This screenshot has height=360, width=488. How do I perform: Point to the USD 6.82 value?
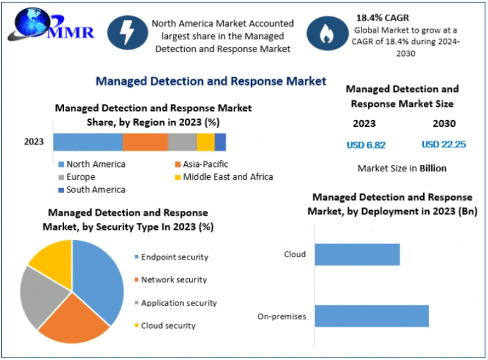(x=366, y=145)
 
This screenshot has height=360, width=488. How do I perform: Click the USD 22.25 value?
(x=444, y=145)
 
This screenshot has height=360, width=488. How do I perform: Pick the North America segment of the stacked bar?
(x=88, y=142)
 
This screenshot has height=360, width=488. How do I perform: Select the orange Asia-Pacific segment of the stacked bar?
(x=145, y=142)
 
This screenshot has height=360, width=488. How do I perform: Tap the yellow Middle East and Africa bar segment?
(x=205, y=142)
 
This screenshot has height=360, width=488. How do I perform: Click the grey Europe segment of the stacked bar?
(x=182, y=142)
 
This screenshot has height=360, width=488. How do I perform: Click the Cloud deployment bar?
(x=357, y=255)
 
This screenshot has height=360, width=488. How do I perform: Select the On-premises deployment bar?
(x=372, y=316)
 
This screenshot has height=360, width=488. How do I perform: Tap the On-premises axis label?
(x=281, y=316)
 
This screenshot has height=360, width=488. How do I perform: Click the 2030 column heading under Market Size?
(x=444, y=124)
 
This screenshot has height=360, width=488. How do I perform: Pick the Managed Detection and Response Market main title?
(x=210, y=81)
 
